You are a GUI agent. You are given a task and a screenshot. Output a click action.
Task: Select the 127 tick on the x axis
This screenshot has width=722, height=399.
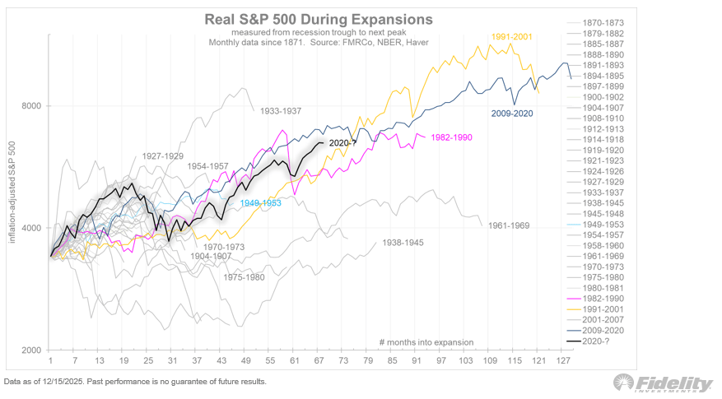(564, 362)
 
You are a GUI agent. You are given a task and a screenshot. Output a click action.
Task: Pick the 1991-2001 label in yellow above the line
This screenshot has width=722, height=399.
(513, 37)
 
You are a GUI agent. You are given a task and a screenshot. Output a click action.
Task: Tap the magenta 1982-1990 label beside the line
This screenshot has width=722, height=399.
(450, 137)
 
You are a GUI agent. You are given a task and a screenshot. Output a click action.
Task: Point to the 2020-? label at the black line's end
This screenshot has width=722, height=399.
(341, 143)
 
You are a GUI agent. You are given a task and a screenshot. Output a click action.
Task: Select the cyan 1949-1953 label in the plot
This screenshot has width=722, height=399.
(260, 202)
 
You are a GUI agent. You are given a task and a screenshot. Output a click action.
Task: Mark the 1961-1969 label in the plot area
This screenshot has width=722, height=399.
(508, 225)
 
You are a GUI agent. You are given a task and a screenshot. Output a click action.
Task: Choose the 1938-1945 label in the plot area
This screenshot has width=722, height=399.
(402, 243)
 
